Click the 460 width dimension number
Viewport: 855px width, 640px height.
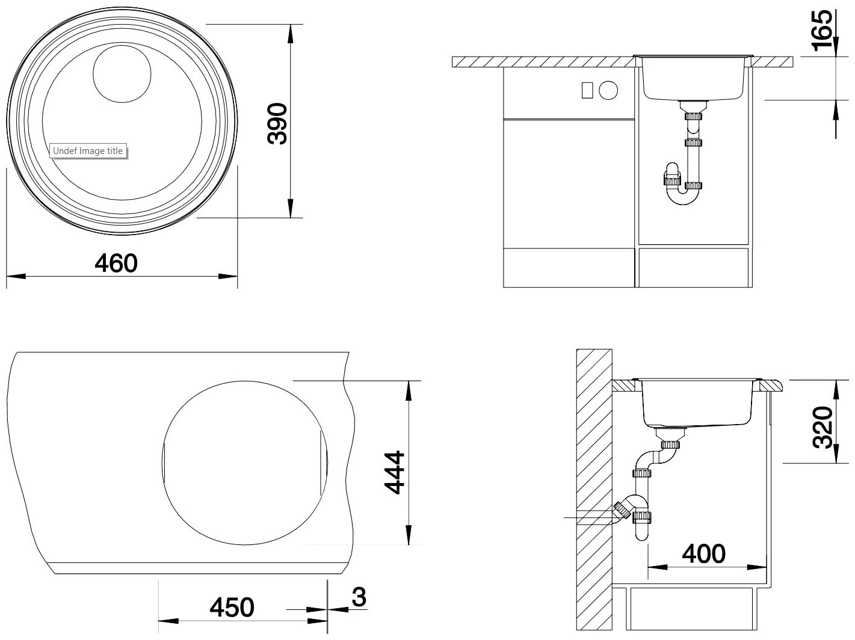[x=116, y=263]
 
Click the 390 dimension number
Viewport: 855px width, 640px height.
[x=277, y=123]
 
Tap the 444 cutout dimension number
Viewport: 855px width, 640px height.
[x=395, y=473]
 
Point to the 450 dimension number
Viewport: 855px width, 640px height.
[x=232, y=607]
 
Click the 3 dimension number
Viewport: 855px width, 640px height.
[x=359, y=597]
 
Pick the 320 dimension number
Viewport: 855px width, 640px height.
[x=823, y=427]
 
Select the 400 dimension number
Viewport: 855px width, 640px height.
[x=704, y=553]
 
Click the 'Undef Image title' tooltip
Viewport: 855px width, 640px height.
[x=88, y=151]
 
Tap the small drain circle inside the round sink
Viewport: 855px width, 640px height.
[x=122, y=74]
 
